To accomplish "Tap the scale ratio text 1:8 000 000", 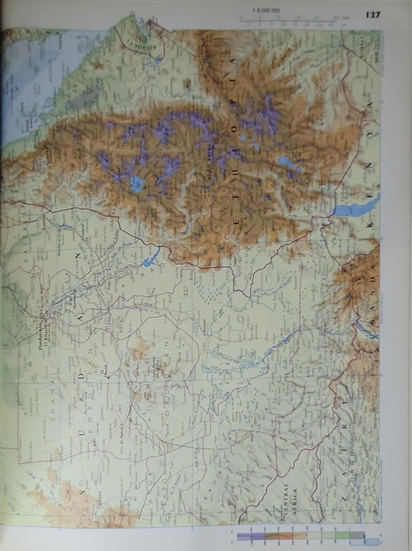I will coord(264,10).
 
